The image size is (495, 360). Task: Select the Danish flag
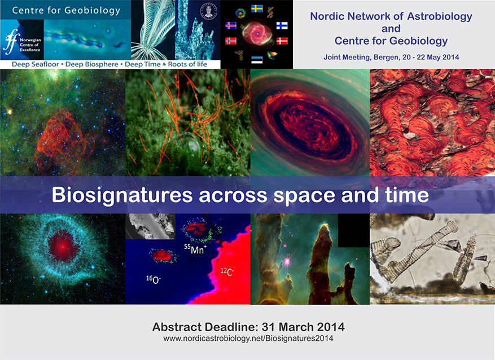281,41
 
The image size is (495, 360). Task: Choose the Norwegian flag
231,41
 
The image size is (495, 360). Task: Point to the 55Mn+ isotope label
195,249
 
